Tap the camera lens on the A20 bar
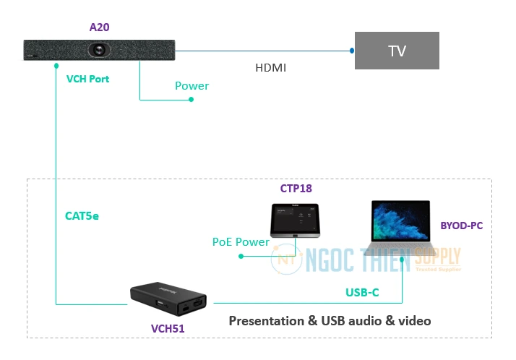pos(99,50)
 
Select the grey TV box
pos(397,51)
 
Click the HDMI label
pos(271,68)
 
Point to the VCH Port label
pos(87,79)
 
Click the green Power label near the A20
pos(192,86)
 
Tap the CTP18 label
pos(296,189)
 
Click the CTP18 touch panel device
pos(294,220)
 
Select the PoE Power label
pos(241,242)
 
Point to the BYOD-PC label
pos(461,226)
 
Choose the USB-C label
pos(362,293)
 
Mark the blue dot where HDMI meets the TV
pos(352,51)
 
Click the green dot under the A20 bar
pos(56,66)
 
